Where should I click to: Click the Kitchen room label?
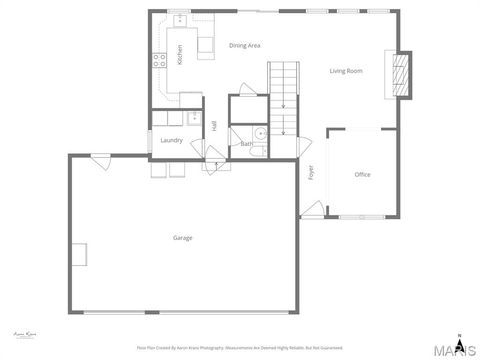pyautogui.click(x=180, y=54)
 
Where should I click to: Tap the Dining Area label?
pyautogui.click(x=245, y=46)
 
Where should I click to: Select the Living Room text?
pyautogui.click(x=346, y=71)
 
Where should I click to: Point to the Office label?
pyautogui.click(x=362, y=174)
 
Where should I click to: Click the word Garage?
pyautogui.click(x=183, y=237)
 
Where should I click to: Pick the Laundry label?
pyautogui.click(x=171, y=140)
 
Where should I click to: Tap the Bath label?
pyautogui.click(x=246, y=144)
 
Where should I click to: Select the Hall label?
pyautogui.click(x=214, y=125)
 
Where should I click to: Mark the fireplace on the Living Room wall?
pyautogui.click(x=400, y=74)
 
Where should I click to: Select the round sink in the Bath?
pyautogui.click(x=258, y=133)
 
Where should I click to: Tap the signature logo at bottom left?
pyautogui.click(x=23, y=333)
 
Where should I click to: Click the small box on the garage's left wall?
pyautogui.click(x=79, y=254)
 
